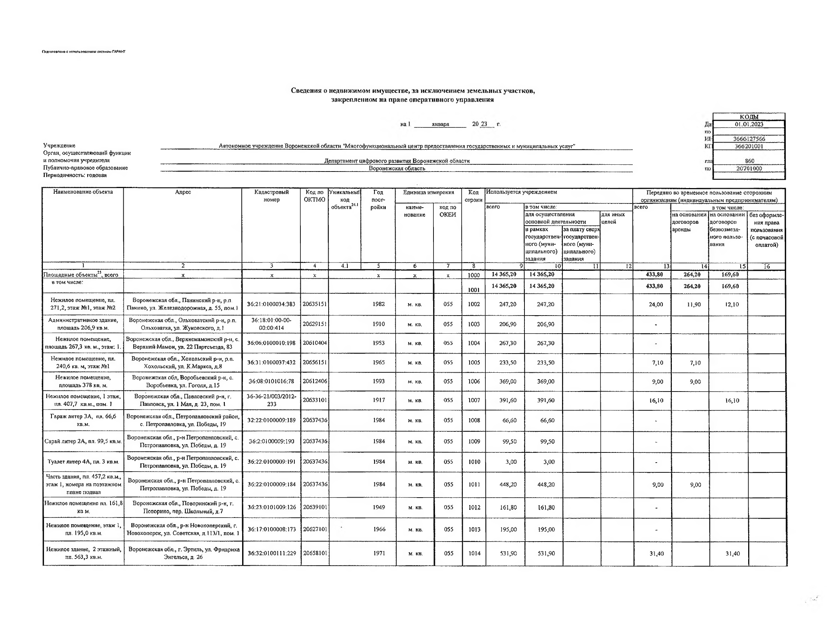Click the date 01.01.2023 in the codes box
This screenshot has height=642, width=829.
(749, 124)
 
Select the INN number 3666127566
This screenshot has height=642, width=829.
(749, 139)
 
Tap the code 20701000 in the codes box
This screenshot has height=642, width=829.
(749, 168)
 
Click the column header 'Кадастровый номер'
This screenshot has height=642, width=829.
(271, 196)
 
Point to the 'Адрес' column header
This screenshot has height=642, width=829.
(183, 192)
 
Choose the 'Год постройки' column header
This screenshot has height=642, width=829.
(378, 199)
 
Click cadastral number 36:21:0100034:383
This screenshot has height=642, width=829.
(271, 304)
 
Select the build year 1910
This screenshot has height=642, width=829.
(379, 324)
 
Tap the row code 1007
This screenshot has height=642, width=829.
(474, 400)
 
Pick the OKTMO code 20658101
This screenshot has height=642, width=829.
(315, 553)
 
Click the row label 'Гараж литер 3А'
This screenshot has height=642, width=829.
(83, 420)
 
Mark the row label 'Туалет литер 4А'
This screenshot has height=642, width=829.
(83, 462)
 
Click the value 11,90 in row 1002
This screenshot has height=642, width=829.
(694, 305)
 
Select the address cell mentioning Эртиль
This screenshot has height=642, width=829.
(184, 553)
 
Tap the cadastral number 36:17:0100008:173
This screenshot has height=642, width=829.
(271, 529)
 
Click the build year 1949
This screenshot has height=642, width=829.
(379, 507)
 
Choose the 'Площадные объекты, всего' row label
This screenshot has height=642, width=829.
(81, 275)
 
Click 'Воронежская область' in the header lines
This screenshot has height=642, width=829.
(397, 168)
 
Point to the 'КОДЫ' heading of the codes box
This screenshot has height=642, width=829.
(749, 117)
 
